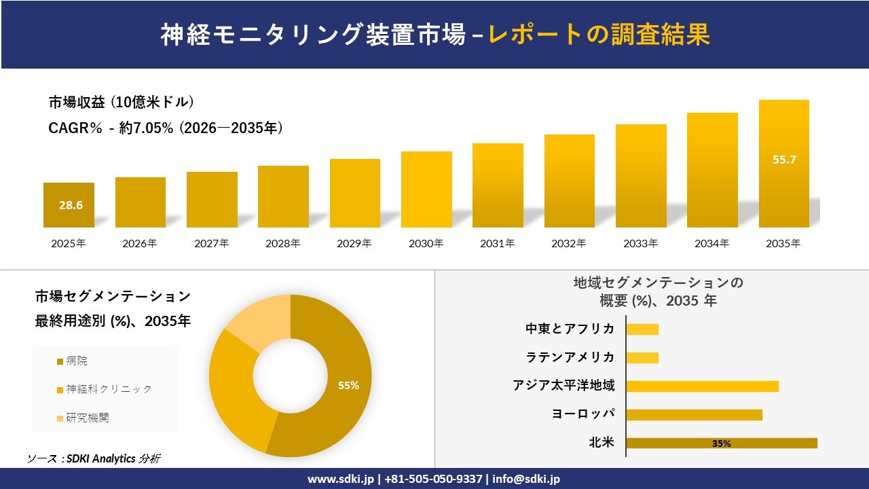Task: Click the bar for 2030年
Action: click(426, 189)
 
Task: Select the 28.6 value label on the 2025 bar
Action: click(71, 205)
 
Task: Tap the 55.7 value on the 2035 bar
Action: click(784, 160)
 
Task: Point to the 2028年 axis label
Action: click(282, 243)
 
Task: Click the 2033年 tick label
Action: click(640, 243)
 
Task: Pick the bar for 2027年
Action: click(212, 200)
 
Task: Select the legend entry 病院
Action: click(76, 361)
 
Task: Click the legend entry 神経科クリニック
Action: click(108, 389)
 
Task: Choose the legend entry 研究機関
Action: click(86, 418)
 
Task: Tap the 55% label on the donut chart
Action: click(348, 385)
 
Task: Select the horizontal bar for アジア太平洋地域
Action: click(702, 386)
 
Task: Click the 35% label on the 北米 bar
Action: click(721, 443)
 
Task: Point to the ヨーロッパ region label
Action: click(583, 414)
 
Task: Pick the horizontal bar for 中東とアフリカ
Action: click(642, 329)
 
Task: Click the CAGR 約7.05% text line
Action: click(166, 128)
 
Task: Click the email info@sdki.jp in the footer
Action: click(527, 479)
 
